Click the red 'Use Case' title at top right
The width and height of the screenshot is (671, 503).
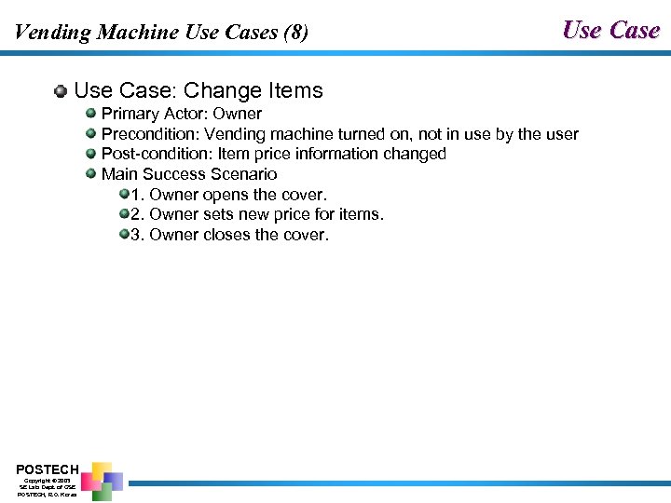(610, 30)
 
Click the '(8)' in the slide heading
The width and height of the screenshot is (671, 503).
(293, 33)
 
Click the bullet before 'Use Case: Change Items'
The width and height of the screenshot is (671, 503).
(61, 91)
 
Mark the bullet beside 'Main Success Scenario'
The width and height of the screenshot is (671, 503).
(91, 173)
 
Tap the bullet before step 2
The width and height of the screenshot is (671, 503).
(124, 214)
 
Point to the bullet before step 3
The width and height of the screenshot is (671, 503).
(124, 235)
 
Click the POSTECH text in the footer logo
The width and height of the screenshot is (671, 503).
(48, 469)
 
